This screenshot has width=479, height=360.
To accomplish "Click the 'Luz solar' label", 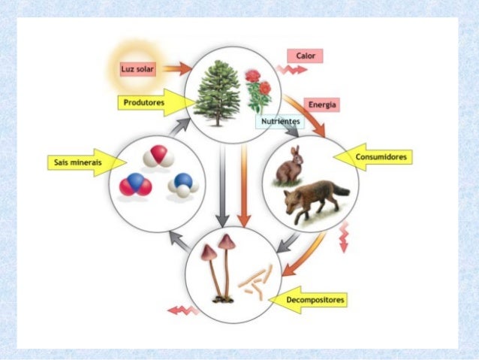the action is (x=137, y=70).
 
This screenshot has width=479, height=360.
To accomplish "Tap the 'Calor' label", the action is (x=304, y=56).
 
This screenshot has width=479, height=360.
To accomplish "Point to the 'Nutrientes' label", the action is (x=281, y=121).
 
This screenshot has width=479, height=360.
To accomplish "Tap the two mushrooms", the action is (x=218, y=267).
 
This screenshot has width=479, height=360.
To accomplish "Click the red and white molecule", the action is (x=159, y=157).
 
